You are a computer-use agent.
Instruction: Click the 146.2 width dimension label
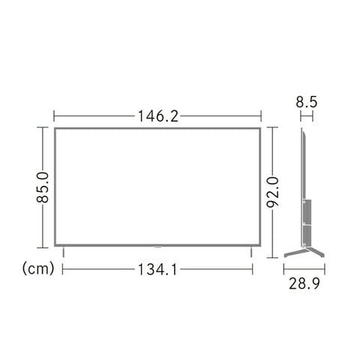pyautogui.click(x=158, y=116)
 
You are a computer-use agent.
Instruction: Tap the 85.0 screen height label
pyautogui.click(x=43, y=187)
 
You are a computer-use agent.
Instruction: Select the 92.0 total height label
pyautogui.click(x=272, y=192)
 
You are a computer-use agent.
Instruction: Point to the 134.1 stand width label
pyautogui.click(x=157, y=269)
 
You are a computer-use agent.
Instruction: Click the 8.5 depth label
pyautogui.click(x=307, y=102)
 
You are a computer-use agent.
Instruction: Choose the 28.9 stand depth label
pyautogui.click(x=304, y=283)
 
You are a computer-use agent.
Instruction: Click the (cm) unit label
pyautogui.click(x=38, y=268)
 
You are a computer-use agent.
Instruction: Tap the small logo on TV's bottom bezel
pyautogui.click(x=157, y=246)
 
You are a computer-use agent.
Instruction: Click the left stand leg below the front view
pyautogui.click(x=64, y=252)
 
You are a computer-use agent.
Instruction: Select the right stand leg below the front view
pyautogui.click(x=251, y=252)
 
